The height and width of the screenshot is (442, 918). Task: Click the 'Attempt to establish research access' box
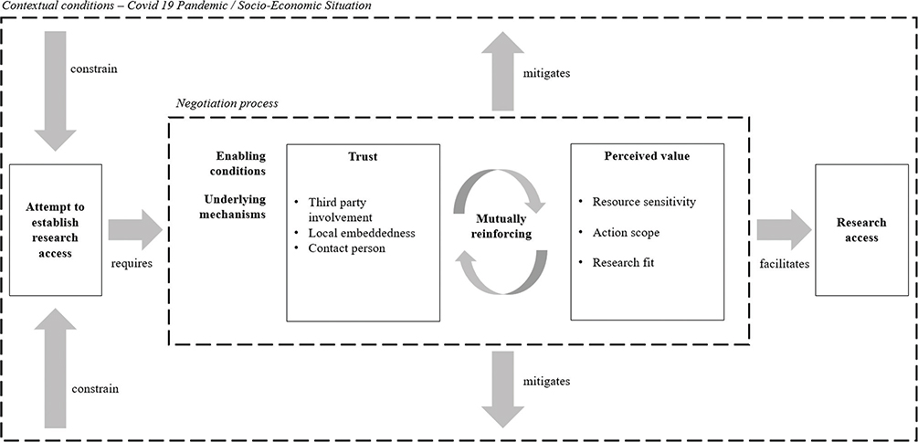tap(56, 230)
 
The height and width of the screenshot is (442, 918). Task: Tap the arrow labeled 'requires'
tap(134, 229)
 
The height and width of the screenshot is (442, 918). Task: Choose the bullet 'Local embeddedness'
tap(362, 232)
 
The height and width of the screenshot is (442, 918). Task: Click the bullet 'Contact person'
tap(346, 247)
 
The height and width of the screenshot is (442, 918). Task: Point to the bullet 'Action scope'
tap(626, 232)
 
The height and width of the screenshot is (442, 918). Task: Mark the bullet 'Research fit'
tap(625, 264)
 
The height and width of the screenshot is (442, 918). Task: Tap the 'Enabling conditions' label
tap(240, 163)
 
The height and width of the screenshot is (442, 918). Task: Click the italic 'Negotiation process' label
tap(226, 103)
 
